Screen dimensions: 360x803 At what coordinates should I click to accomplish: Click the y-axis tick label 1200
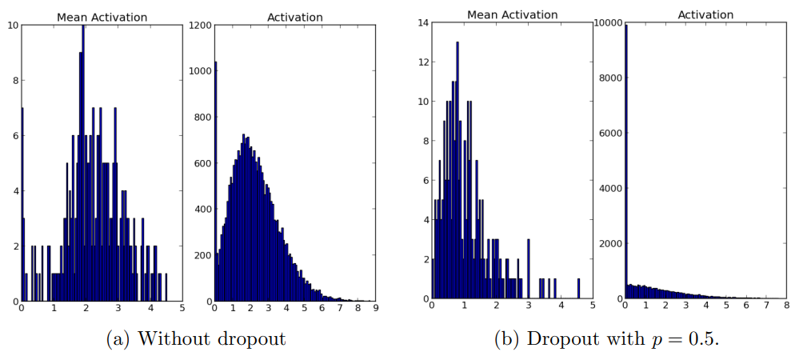point(201,25)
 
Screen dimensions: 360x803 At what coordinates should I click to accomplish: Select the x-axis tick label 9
point(375,308)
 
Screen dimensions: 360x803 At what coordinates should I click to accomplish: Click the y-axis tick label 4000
point(610,188)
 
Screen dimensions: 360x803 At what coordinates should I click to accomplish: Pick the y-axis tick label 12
point(422,62)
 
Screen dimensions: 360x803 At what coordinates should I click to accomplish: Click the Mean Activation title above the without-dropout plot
point(102,17)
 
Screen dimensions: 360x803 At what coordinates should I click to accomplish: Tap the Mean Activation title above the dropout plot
point(512,14)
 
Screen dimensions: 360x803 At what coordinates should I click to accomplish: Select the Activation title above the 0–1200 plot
point(294,17)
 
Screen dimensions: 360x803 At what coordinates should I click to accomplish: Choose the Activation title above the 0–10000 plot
point(705,14)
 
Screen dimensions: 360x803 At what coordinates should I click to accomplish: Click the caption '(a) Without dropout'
point(196,338)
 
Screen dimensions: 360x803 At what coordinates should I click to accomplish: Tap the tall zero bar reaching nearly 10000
point(625,160)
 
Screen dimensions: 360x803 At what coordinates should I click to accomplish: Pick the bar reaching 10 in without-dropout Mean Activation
point(83,160)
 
